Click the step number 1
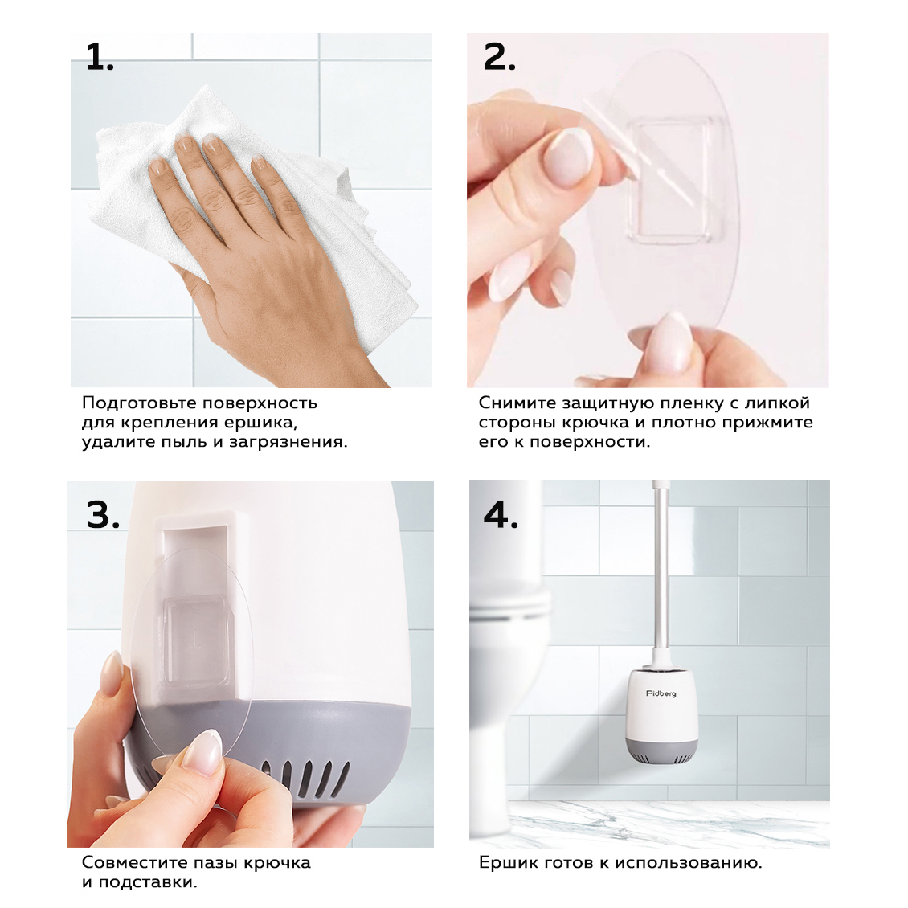pos(100,57)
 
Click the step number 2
pos(498,57)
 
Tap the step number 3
pos(103,514)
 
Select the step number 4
pos(501,514)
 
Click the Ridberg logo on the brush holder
pos(661,693)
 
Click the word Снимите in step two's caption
pos(517,403)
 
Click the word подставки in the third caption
pos(148,882)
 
